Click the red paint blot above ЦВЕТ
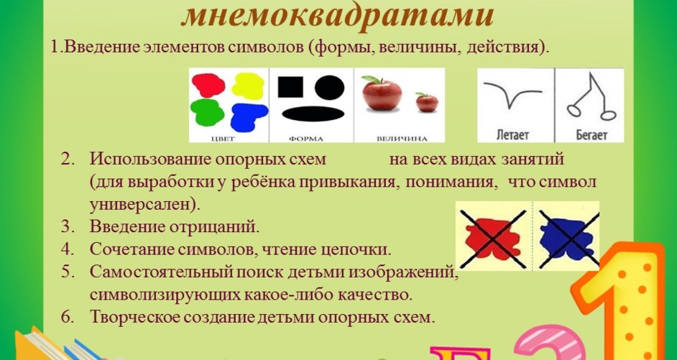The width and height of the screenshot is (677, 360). pyautogui.click(x=208, y=85)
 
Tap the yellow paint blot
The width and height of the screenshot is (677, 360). pyautogui.click(x=248, y=86)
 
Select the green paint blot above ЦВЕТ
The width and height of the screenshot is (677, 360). pyautogui.click(x=207, y=112)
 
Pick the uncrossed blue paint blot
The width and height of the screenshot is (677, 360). pyautogui.click(x=248, y=117)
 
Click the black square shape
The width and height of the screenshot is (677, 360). pyautogui.click(x=290, y=87)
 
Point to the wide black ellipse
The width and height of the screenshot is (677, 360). pyautogui.click(x=313, y=114)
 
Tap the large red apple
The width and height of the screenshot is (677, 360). pyautogui.click(x=382, y=93)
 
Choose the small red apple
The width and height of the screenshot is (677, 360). pyautogui.click(x=427, y=103)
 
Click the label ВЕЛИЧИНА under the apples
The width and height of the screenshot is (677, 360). pyautogui.click(x=402, y=139)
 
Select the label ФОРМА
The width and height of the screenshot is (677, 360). pyautogui.click(x=305, y=139)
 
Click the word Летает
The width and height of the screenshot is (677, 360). pyautogui.click(x=512, y=135)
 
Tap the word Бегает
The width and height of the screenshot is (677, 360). pyautogui.click(x=591, y=135)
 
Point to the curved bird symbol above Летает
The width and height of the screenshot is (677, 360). pyautogui.click(x=512, y=93)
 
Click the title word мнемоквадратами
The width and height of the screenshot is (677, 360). pyautogui.click(x=338, y=16)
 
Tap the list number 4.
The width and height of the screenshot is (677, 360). pyautogui.click(x=65, y=249)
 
